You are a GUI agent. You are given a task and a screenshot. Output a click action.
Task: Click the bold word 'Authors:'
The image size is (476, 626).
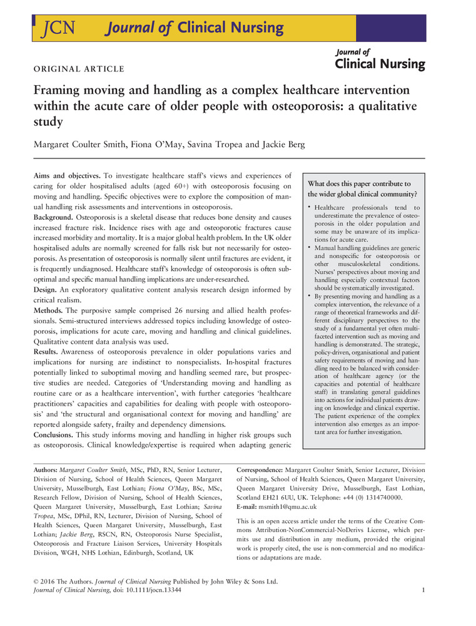(46, 469)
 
